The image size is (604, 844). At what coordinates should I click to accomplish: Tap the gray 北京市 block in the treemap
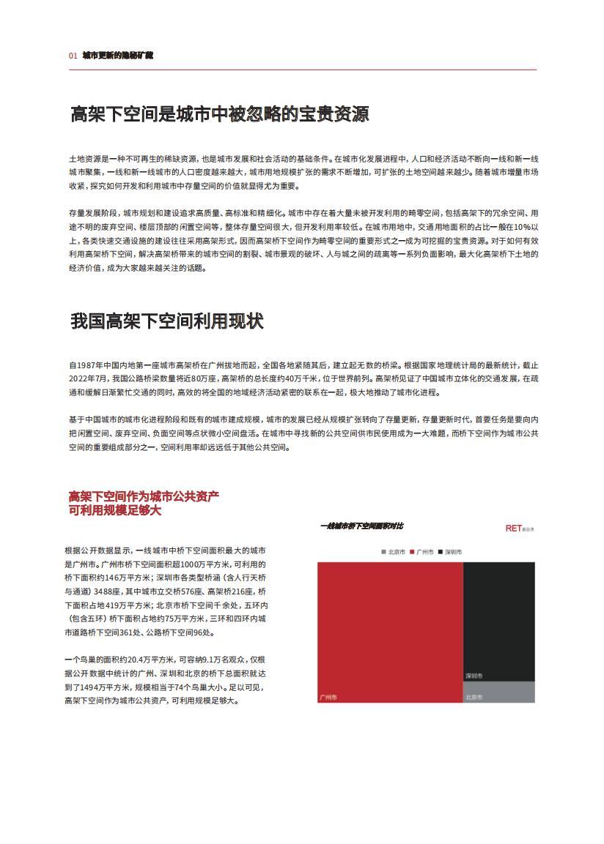click(498, 692)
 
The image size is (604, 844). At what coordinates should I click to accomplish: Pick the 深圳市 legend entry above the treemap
click(449, 551)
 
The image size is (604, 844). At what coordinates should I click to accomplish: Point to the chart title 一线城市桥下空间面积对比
click(361, 526)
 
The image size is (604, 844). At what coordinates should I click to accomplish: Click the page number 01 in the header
click(73, 56)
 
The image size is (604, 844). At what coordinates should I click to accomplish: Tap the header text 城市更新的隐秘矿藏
click(117, 56)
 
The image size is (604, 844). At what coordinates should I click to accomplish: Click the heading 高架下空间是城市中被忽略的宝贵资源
click(219, 114)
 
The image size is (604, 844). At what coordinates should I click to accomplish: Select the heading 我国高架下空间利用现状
click(166, 321)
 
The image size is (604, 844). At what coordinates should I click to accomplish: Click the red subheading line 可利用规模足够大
click(114, 510)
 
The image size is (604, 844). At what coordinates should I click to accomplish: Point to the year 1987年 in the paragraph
click(90, 365)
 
